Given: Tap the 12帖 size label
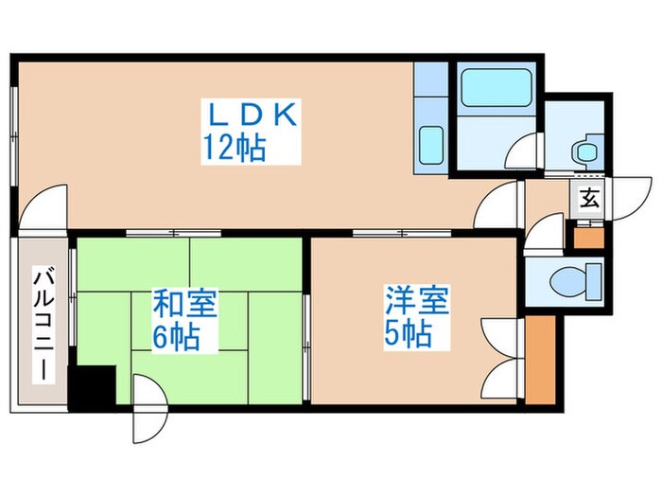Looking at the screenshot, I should click(x=233, y=149).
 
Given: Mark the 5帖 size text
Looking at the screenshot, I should click(x=409, y=333).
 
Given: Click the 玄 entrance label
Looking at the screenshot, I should click(x=589, y=199).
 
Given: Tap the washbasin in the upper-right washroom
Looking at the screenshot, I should click(x=585, y=150).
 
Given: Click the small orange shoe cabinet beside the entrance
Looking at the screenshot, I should click(x=587, y=235).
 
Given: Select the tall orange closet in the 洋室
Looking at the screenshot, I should click(x=540, y=358).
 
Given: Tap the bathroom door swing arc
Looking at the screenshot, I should click(x=524, y=151).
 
